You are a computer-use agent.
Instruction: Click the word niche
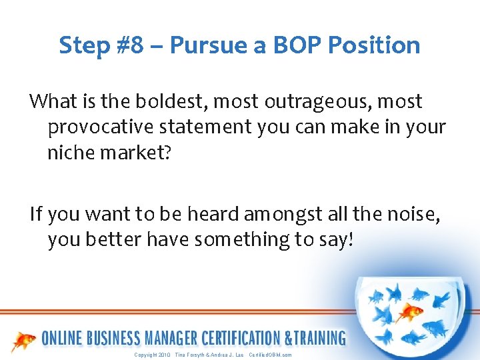[x=69, y=152]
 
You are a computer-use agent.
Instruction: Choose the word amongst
[x=275, y=214]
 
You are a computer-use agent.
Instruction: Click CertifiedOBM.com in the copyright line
[x=269, y=355]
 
